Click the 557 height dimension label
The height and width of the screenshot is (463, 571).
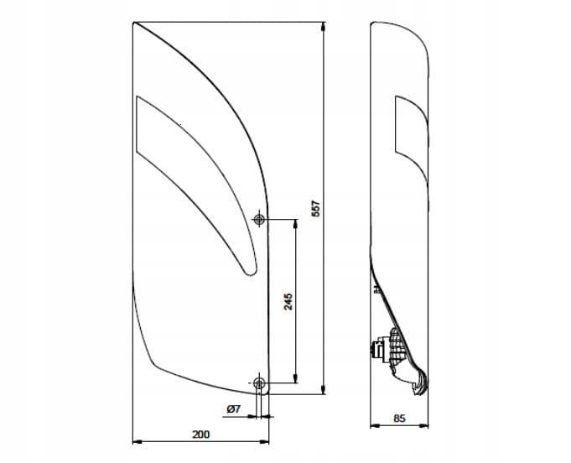point(316,209)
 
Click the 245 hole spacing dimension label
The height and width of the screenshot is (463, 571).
point(288,302)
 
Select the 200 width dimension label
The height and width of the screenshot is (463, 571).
point(201,434)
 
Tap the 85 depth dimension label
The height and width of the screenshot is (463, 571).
point(399,418)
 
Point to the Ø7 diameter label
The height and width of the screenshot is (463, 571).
point(234,409)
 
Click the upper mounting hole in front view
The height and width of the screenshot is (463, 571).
point(260,220)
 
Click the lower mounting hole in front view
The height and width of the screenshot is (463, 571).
point(259,383)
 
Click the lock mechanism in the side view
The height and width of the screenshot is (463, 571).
point(387,346)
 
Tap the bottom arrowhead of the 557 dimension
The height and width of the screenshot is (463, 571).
point(324,390)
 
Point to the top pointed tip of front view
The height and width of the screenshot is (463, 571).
point(135,23)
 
